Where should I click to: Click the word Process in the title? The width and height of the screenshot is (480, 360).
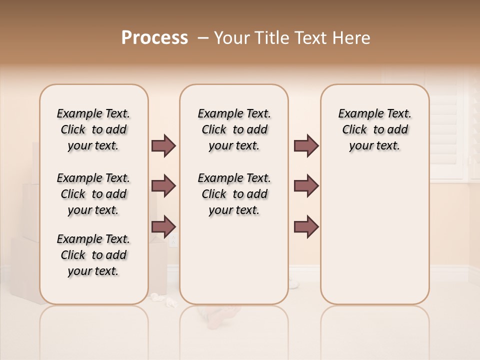click(154, 38)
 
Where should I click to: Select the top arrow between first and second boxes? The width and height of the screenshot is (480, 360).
click(163, 146)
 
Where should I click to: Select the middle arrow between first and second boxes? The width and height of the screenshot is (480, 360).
click(163, 186)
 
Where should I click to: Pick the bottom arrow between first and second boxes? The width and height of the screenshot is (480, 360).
click(163, 226)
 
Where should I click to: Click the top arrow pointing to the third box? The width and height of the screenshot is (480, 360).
click(306, 146)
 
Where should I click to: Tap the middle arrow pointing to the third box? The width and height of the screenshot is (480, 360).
click(306, 186)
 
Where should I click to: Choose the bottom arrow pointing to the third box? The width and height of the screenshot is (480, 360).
click(306, 226)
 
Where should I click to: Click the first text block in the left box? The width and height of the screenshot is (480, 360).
click(93, 129)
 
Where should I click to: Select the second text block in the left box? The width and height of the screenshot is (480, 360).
click(93, 194)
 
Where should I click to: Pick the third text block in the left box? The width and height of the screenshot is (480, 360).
click(93, 255)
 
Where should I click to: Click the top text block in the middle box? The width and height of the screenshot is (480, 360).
click(234, 129)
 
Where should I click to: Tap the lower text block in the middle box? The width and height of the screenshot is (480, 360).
click(234, 194)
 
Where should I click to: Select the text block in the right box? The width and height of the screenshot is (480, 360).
click(374, 129)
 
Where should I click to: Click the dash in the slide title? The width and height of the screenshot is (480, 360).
click(203, 38)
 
